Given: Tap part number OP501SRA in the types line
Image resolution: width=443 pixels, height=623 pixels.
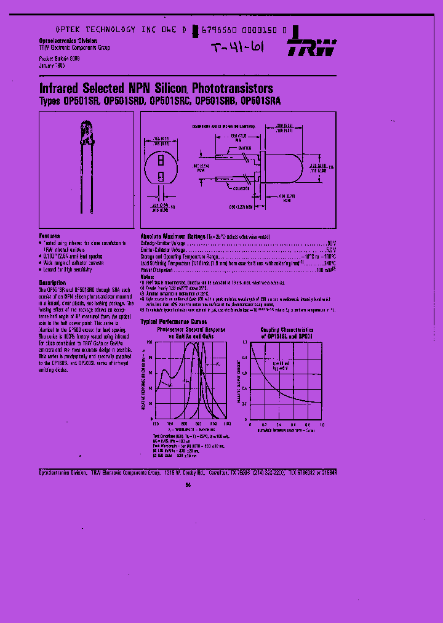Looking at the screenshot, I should (261, 101).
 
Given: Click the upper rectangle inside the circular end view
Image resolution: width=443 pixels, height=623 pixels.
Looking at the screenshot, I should (161, 159).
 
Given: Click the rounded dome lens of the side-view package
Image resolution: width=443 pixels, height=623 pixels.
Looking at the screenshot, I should (298, 166).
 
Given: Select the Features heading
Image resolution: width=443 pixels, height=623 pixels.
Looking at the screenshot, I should (50, 236).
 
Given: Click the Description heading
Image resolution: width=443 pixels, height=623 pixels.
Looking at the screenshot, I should (53, 283).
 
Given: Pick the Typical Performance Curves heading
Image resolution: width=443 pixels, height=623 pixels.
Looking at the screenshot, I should (174, 321).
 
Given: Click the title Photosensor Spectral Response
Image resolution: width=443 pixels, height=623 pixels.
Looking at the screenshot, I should (191, 329).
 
